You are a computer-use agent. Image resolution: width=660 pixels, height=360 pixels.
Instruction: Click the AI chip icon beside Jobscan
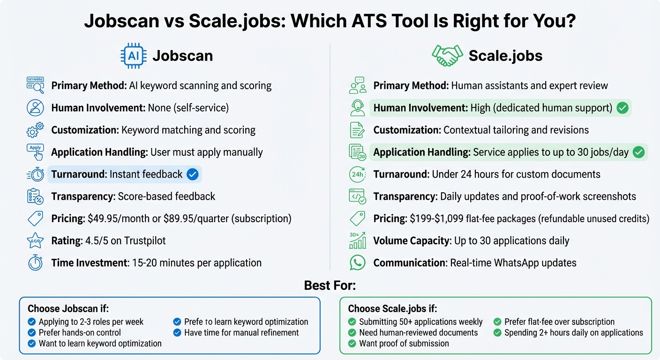[x=133, y=56]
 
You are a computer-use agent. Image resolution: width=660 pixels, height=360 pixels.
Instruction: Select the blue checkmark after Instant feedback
[x=192, y=174]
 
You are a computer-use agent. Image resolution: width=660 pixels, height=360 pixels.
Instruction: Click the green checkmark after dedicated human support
[x=622, y=108]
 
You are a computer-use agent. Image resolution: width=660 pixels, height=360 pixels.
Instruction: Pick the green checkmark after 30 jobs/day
[x=638, y=152]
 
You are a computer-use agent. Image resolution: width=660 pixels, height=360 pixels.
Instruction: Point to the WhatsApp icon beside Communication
[x=358, y=262]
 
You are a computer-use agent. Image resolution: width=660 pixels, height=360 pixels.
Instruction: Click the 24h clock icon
[x=358, y=174]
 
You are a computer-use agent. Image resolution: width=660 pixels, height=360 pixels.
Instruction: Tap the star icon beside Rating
[x=36, y=241]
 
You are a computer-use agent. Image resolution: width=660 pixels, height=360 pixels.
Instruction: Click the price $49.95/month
[x=119, y=219]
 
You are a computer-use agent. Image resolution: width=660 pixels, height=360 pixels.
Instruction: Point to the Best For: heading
[x=330, y=285]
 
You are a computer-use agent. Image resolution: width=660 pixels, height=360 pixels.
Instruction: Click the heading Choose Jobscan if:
[x=68, y=308]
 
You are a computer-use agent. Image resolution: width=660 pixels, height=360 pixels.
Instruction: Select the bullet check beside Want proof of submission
[x=352, y=344]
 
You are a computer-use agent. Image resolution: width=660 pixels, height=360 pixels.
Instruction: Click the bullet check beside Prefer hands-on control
[x=32, y=333]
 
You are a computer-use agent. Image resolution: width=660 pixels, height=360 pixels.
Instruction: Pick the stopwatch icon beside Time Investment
[x=36, y=262]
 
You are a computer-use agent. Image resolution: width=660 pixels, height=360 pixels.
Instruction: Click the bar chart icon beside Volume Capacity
[x=358, y=241]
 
